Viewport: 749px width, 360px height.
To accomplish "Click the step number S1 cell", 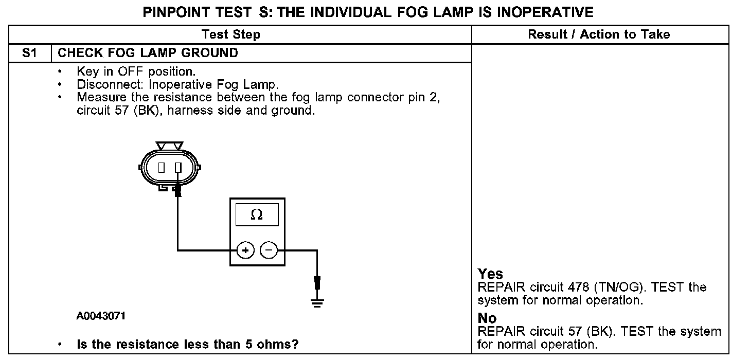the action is pos(30,53).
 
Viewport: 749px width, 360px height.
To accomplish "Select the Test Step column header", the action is pos(231,34).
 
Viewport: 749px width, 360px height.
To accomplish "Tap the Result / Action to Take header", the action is pos(599,34).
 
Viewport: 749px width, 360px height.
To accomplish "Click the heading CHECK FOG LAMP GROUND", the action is pos(148,53).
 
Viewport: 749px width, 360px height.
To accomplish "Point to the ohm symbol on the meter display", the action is pos(256,215).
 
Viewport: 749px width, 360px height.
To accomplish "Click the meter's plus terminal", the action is pos(245,250).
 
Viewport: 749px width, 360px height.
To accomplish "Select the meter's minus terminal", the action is pos(269,250).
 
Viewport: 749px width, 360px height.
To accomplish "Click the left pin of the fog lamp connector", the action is pos(161,168).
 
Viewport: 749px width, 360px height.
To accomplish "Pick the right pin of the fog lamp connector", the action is pos(178,168).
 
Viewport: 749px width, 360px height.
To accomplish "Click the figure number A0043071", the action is pos(101,316).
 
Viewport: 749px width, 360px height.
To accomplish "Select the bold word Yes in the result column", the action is pos(490,274).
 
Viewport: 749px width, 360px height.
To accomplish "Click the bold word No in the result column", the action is pos(487,318).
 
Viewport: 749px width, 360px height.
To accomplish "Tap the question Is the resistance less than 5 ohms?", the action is pos(188,344).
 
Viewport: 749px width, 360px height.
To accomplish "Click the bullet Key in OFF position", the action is pos(136,71).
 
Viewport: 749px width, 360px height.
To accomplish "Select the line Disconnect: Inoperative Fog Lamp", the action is pos(177,84).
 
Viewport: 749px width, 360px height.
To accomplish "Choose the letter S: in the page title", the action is pos(266,12).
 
